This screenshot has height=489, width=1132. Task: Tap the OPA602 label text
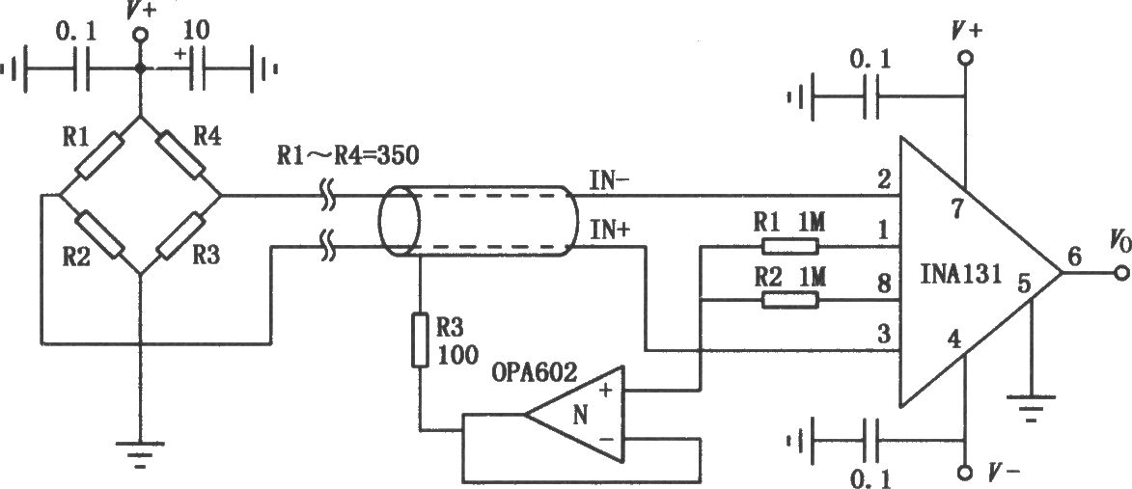click(535, 372)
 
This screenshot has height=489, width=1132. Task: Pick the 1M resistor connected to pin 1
click(789, 247)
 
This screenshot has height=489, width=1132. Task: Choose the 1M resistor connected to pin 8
click(789, 299)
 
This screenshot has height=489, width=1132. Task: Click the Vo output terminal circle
click(1120, 273)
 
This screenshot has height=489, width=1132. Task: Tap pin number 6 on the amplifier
click(1075, 257)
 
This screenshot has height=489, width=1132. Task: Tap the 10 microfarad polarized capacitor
click(199, 69)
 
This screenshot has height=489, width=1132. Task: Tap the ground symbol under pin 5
click(1034, 407)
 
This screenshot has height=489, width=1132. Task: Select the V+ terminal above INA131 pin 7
click(965, 57)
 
